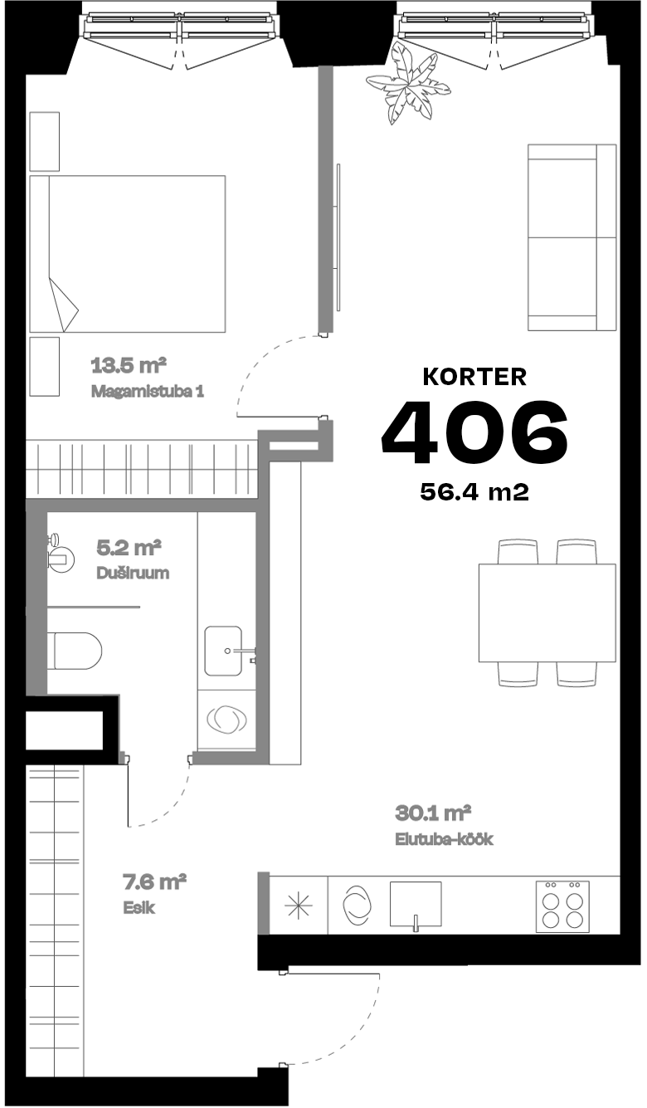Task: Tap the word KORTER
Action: point(474,377)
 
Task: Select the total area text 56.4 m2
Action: point(474,492)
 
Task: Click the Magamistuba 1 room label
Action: point(148,391)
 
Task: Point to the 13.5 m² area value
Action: point(129,364)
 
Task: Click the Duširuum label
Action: point(134,574)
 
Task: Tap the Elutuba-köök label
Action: point(444,839)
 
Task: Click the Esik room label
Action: point(139,907)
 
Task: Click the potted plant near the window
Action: point(408,85)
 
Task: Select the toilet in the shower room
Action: point(75,649)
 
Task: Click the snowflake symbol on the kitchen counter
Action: point(296,905)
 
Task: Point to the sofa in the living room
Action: point(572,238)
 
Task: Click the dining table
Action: point(547,613)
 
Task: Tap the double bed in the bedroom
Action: point(128,254)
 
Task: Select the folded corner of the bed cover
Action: point(65,305)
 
